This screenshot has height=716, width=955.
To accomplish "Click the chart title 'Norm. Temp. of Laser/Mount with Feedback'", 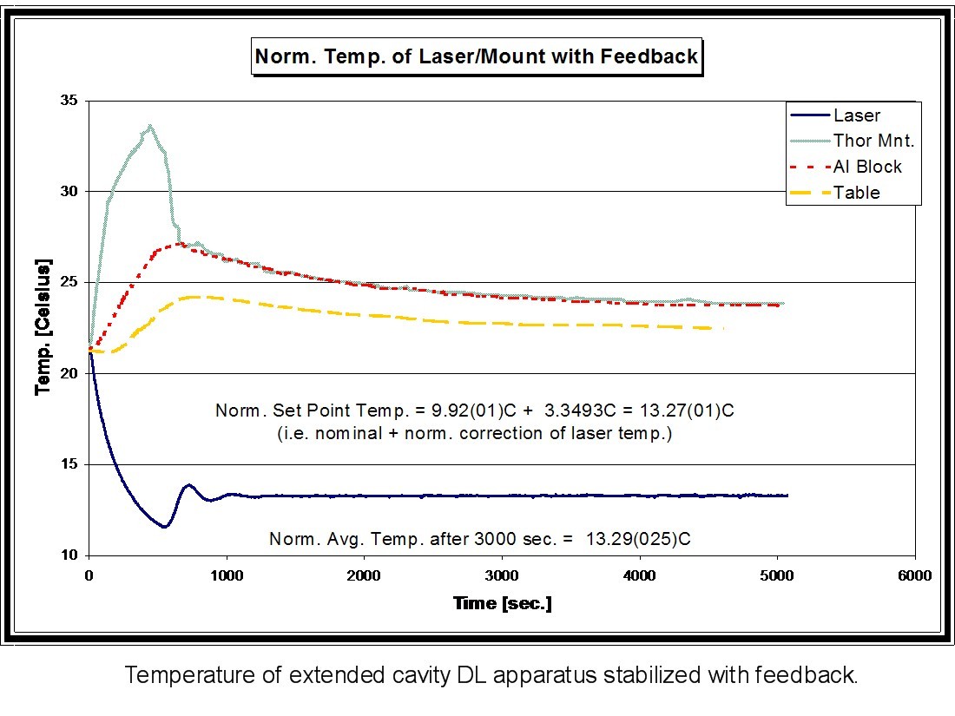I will (476, 57).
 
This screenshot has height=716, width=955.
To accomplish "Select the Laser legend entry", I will (856, 115).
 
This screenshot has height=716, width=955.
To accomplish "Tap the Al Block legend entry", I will (867, 167).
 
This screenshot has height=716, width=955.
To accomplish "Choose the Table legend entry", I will (856, 193).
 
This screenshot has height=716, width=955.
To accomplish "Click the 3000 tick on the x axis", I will (502, 575).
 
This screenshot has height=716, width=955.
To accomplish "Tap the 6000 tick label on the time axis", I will (914, 575).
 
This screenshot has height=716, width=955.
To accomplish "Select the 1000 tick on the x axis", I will (227, 575).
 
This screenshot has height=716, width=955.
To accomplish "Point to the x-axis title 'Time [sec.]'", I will (502, 603).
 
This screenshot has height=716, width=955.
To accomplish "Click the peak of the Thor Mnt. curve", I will (150, 126).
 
